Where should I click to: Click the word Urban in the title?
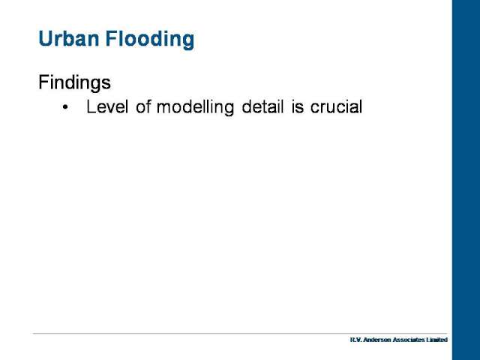point(69,38)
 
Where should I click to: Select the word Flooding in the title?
point(150,40)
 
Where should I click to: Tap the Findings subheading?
point(75,82)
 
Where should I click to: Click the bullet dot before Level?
point(65,107)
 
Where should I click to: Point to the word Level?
point(107,106)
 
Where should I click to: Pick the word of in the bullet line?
point(143,106)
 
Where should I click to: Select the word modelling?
point(195,107)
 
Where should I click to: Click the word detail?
point(262,106)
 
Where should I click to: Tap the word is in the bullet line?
point(298,106)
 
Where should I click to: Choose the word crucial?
point(336,106)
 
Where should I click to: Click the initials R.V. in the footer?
point(355,340)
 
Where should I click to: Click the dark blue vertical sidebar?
point(466,180)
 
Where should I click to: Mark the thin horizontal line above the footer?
point(240,333)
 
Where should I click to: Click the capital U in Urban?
point(45,38)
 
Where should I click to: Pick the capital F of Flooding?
point(111,38)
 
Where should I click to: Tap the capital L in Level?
point(91,106)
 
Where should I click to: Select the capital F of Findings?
point(43,82)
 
